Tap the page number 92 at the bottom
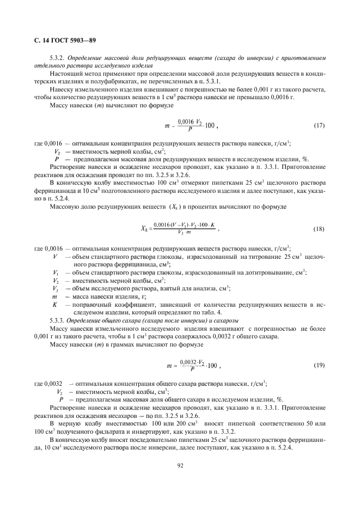(180, 465)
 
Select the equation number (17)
(319, 126)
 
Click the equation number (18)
(319, 229)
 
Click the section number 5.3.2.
(57, 57)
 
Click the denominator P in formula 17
(184, 130)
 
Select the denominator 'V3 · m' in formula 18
(185, 233)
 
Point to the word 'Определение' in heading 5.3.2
(83, 57)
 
